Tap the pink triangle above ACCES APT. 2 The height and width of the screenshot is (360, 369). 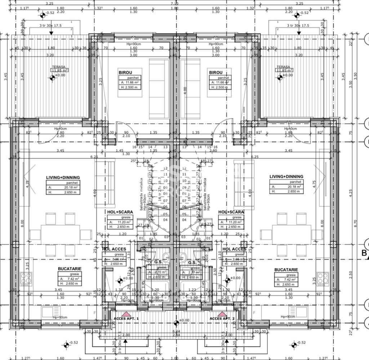(x=222, y=314)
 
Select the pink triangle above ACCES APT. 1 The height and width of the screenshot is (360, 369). (x=126, y=314)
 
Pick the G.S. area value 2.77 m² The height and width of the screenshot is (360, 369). (x=194, y=272)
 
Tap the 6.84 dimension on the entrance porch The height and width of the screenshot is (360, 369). (x=176, y=332)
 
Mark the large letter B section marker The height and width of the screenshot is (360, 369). (x=364, y=253)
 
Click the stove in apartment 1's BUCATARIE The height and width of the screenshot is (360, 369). (x=26, y=278)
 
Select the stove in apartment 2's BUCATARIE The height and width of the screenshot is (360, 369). (x=323, y=278)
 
